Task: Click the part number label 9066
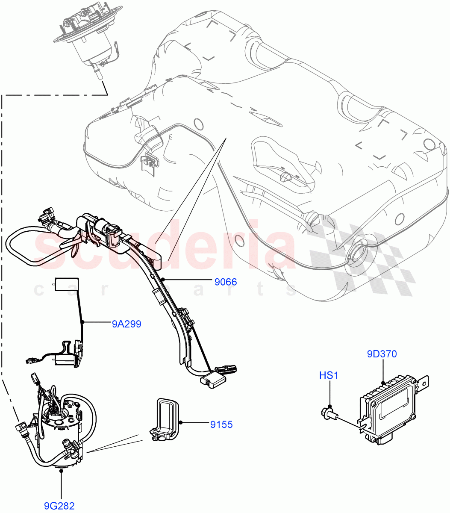coord(225,282)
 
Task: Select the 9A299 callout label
coord(126,324)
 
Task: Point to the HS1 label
coord(329,375)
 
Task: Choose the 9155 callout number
coord(221,425)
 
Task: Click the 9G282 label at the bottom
coord(62,506)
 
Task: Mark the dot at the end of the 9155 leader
coord(181,423)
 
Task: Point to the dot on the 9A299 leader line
coord(83,322)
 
